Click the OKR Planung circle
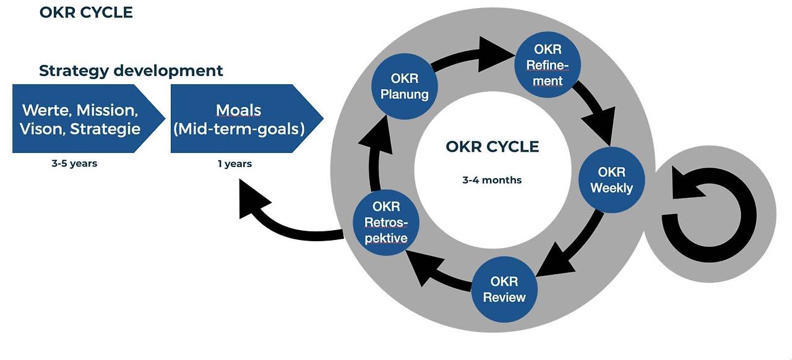coord(405,86)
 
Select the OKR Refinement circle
coord(548,65)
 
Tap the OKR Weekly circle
coord(612,180)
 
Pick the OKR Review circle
coord(504,289)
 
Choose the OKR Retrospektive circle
coord(386,223)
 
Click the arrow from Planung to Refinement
coord(474,56)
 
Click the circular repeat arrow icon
coord(709,214)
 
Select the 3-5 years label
coord(74,163)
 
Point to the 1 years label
coord(235,164)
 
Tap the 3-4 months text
coord(492,180)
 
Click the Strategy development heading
coord(131,71)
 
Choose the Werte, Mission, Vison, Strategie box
coord(88,119)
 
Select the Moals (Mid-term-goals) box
coord(247,119)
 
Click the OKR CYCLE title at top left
coord(86,12)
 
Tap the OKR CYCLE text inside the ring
coord(492,147)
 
